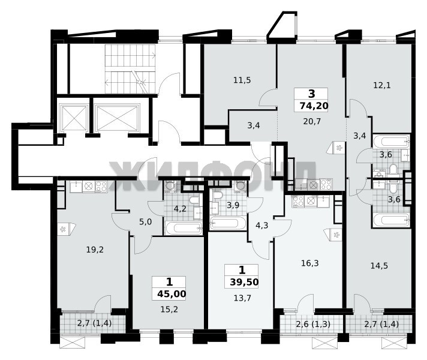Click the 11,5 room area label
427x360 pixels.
point(242,80)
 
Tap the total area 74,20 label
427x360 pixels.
point(314,106)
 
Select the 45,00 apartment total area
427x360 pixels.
point(172,294)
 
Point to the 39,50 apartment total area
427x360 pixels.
point(244,282)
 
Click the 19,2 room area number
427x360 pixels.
point(95,250)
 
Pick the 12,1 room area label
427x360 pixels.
point(382,85)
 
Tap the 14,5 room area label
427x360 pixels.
point(380,265)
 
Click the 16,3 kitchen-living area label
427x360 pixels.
point(310,263)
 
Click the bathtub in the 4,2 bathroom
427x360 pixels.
point(184,228)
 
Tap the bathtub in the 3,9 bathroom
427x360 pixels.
point(228,223)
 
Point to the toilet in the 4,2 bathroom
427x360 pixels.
point(194,200)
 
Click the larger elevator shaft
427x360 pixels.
point(118,116)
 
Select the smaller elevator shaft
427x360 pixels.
point(73,117)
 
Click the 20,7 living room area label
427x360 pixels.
point(312,121)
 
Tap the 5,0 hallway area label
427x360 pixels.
point(145,222)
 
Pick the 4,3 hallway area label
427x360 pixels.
point(261,226)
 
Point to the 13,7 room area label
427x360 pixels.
point(242,298)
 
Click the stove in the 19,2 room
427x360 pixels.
point(101,187)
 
